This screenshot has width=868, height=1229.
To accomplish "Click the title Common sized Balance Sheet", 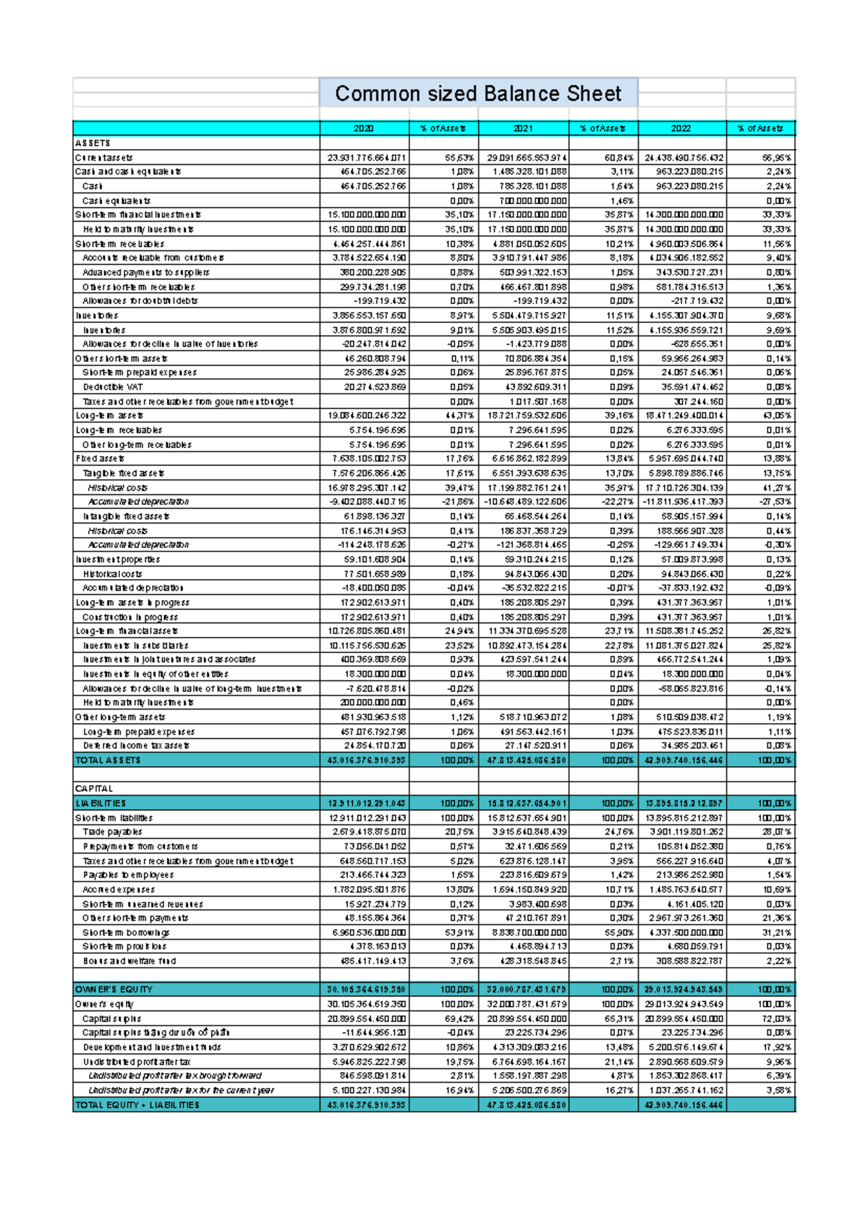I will [478, 94].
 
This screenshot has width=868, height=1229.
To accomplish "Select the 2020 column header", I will [364, 128].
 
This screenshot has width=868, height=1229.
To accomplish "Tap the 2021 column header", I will [523, 128].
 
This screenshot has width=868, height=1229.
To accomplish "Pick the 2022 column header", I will [681, 128].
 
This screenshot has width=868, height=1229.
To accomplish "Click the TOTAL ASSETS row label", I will [108, 760].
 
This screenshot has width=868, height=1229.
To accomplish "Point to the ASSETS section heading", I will [93, 143].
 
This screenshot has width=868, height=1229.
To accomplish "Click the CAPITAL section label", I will [94, 789].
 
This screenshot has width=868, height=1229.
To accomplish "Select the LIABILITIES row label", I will [101, 803].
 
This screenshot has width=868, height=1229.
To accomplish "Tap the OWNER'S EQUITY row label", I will [114, 989].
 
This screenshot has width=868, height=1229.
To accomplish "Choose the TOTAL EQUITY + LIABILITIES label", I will [137, 1105].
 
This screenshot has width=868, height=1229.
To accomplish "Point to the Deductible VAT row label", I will [113, 387].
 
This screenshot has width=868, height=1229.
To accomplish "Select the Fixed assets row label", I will [101, 459].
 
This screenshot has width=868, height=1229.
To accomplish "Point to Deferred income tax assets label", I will [136, 746].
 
